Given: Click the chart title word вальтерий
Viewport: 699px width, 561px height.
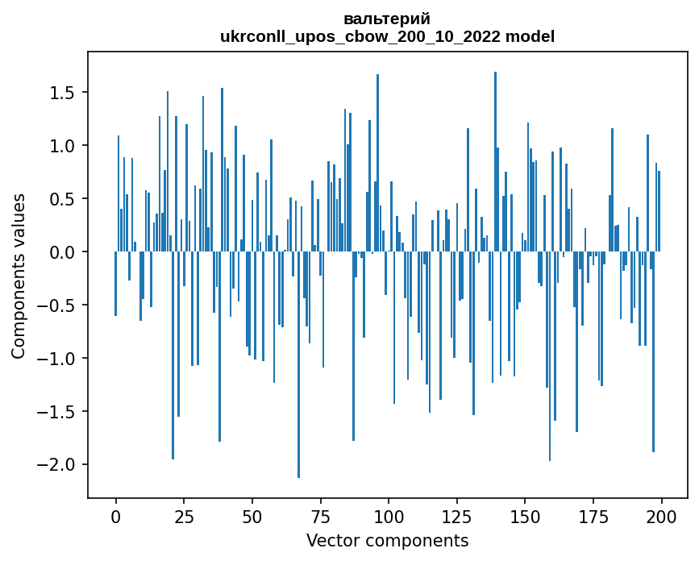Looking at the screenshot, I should pyautogui.click(x=387, y=19).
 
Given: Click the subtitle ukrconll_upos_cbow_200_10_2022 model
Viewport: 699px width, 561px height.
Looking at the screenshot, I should pyautogui.click(x=387, y=36).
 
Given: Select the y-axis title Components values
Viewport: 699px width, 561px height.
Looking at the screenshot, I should pyautogui.click(x=19, y=276).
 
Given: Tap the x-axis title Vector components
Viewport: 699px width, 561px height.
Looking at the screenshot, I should pyautogui.click(x=387, y=540).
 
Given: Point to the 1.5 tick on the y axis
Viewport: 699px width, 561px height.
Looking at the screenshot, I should pyautogui.click(x=62, y=93).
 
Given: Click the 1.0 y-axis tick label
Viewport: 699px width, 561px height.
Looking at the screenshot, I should pyautogui.click(x=62, y=146).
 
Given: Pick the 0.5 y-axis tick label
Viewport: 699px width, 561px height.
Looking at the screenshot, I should pyautogui.click(x=62, y=199).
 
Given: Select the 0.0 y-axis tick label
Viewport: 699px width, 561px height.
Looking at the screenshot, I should pyautogui.click(x=62, y=252).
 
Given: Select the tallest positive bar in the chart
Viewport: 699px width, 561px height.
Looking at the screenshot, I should pyautogui.click(x=495, y=161).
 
